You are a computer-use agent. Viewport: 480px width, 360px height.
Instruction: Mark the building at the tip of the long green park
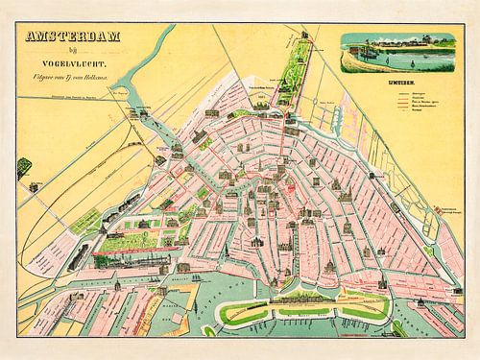(306, 36)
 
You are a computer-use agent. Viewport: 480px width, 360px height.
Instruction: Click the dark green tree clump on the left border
(23, 166)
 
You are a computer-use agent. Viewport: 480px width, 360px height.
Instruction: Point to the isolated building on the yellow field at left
(34, 187)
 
